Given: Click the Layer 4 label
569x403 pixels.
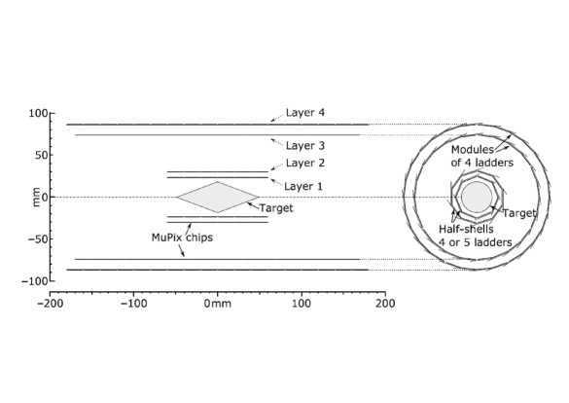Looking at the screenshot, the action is click(x=305, y=113).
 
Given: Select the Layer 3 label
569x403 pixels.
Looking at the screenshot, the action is click(x=305, y=146).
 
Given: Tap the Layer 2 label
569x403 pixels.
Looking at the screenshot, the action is click(x=305, y=163).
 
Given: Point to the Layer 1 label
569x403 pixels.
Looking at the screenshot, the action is click(x=303, y=186).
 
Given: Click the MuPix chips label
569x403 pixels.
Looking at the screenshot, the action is click(x=182, y=238).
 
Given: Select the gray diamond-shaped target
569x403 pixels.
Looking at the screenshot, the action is click(x=218, y=198).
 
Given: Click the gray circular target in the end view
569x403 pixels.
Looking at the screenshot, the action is click(x=477, y=197).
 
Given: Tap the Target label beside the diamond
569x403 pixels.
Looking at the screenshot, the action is click(x=276, y=208).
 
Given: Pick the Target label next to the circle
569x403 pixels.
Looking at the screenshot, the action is click(x=519, y=213).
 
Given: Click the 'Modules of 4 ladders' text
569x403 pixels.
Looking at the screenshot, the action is click(x=481, y=156).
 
